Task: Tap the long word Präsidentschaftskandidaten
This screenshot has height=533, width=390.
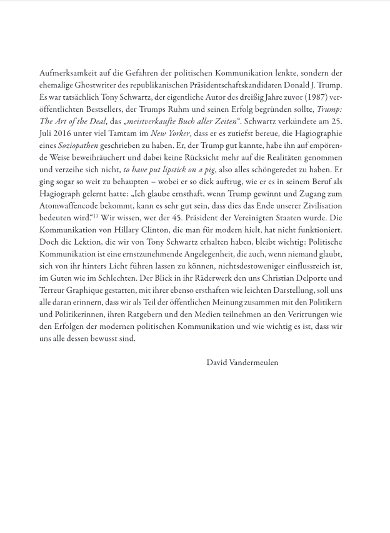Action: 242,85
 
